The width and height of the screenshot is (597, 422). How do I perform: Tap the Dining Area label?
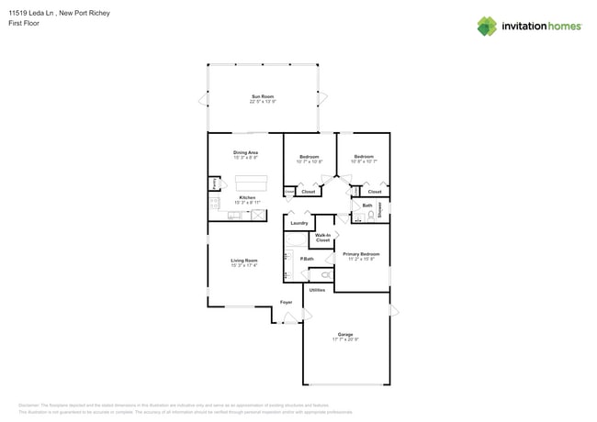[245, 154]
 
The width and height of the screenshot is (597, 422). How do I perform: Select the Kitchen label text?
[246, 198]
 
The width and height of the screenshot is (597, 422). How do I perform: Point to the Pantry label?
[215, 183]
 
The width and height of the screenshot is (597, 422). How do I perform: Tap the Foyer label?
[286, 302]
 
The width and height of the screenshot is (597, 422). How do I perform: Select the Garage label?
[345, 336]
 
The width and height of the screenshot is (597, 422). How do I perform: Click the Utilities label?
[317, 290]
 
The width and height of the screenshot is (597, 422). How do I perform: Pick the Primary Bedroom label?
[361, 255]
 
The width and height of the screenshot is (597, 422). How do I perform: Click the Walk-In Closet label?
[322, 239]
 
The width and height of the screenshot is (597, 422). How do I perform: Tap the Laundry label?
[298, 223]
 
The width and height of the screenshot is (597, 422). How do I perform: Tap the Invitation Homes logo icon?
[487, 27]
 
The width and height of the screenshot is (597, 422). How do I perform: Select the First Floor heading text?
[22, 23]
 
